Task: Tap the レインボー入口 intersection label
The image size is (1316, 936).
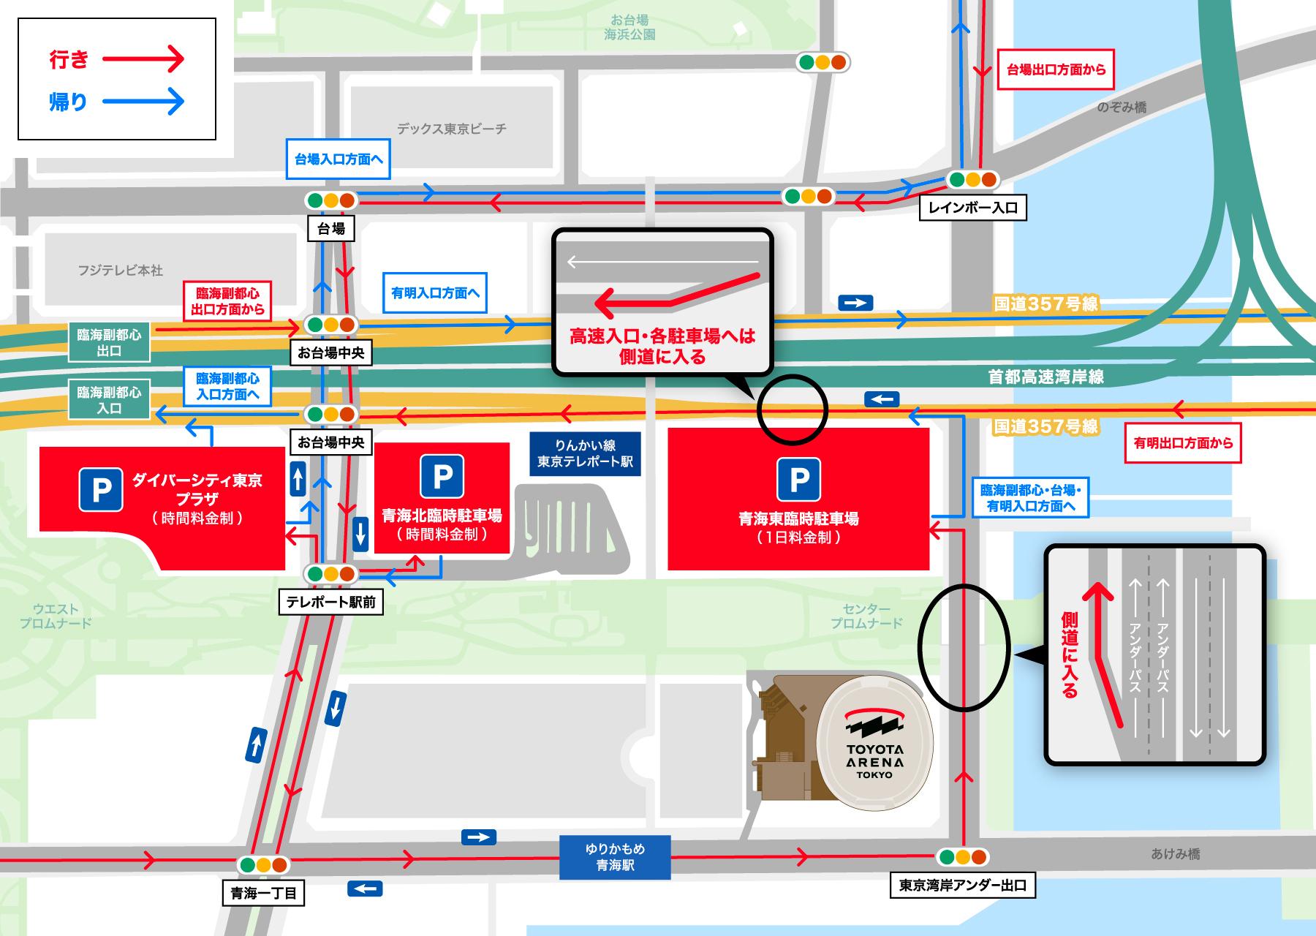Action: coord(972,208)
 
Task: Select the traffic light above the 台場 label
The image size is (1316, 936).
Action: coord(330,200)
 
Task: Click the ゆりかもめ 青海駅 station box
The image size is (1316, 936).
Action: coord(614,857)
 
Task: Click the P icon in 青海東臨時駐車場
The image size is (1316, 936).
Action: coord(798,480)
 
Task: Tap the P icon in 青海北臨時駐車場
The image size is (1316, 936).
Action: coord(442,476)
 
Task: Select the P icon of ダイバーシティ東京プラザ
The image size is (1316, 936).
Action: coord(101,489)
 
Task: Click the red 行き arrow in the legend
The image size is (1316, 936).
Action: coord(143,59)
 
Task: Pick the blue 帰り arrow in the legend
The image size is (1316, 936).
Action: coord(143,102)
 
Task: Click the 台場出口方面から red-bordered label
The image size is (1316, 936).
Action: coord(1056,70)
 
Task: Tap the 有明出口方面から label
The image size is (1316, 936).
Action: coord(1182,443)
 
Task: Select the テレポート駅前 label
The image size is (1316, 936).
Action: coord(331,602)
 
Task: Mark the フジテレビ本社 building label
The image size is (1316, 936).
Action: coord(120,271)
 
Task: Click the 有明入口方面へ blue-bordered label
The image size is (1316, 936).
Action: coord(435,293)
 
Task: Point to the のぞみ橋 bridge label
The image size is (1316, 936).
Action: coord(1122,107)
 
